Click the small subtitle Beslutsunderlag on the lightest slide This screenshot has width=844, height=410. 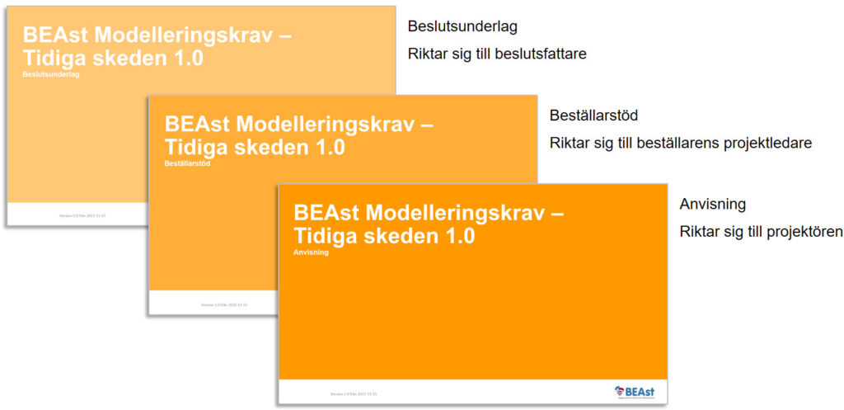click(x=52, y=74)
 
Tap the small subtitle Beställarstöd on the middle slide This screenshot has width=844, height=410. click(x=188, y=163)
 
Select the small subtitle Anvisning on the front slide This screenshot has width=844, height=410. click(x=312, y=252)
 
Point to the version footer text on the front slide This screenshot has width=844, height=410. click(x=354, y=394)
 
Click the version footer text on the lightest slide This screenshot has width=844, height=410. click(x=82, y=215)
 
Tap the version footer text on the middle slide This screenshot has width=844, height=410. click(x=224, y=304)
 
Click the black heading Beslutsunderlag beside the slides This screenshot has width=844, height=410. click(x=462, y=27)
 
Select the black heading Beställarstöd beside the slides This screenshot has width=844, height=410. click(x=593, y=115)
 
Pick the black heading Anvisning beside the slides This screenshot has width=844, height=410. click(x=712, y=204)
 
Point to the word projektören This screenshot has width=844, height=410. click(x=799, y=231)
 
